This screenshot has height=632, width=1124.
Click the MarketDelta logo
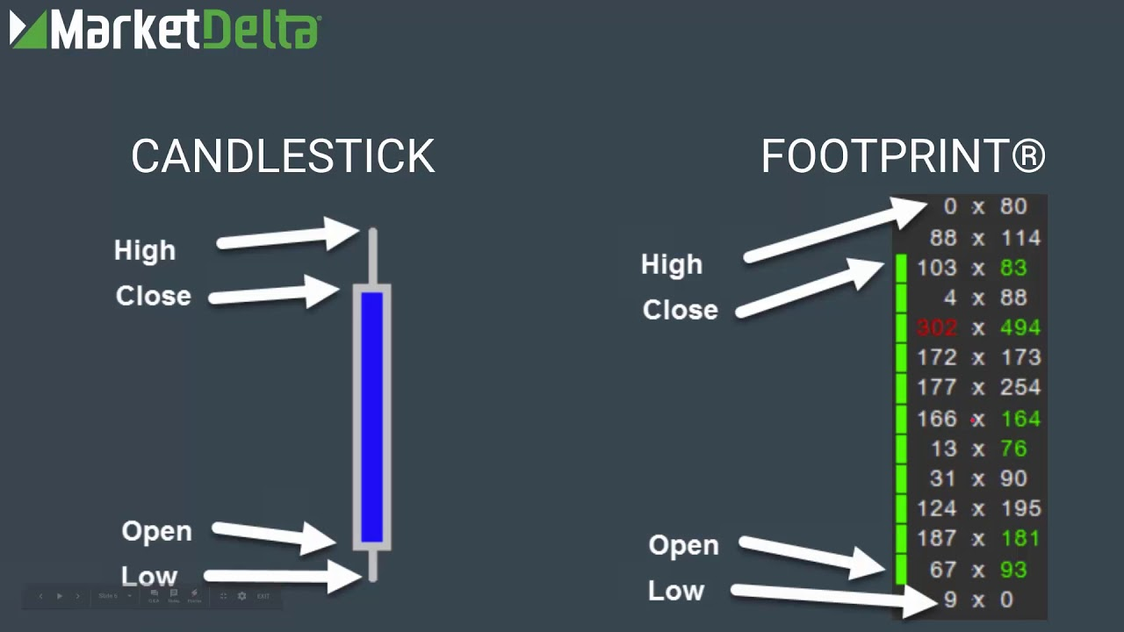tap(165, 30)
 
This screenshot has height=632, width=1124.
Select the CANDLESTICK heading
tap(283, 156)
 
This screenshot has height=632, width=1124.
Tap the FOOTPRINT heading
tap(903, 156)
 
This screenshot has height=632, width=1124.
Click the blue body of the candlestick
tap(372, 417)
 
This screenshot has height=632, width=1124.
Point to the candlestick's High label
tap(145, 251)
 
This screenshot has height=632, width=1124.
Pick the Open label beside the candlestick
tap(156, 531)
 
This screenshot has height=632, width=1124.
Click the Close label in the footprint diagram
tap(680, 310)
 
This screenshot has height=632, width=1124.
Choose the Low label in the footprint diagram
tap(676, 591)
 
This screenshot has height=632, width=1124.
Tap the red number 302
tap(936, 328)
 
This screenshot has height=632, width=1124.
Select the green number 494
tap(1020, 328)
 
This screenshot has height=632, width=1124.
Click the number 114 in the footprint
tap(1020, 238)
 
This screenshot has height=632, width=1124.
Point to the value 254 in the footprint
tap(1020, 388)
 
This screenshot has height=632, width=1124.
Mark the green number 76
tap(1013, 449)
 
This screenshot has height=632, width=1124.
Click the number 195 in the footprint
tap(1020, 508)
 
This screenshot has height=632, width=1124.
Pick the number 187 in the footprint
tap(936, 538)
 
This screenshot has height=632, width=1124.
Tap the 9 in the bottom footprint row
tap(950, 600)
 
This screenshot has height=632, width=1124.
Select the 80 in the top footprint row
tap(1013, 207)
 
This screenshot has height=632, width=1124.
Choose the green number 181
tap(1020, 538)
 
